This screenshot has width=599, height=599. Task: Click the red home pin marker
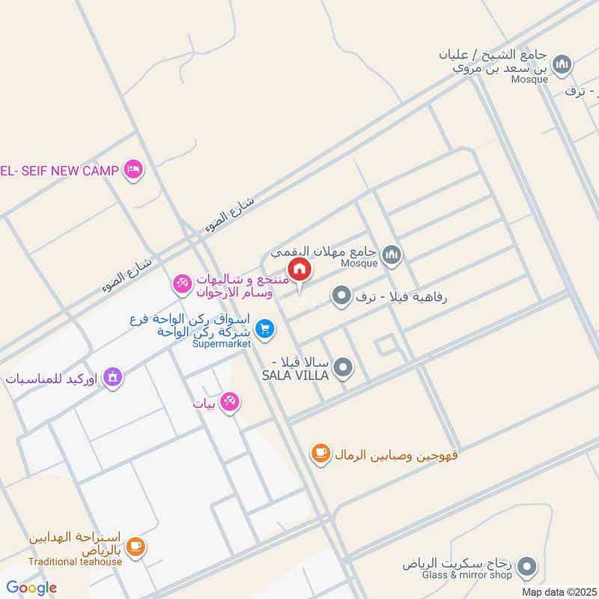pos(299,270)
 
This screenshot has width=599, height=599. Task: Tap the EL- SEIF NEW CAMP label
pos(60,171)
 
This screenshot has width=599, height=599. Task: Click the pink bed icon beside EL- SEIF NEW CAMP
pos(134,170)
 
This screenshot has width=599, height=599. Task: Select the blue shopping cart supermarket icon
pos(264,328)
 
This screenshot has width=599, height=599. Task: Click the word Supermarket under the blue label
pos(222,344)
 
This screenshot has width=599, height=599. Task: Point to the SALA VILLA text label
pos(295,374)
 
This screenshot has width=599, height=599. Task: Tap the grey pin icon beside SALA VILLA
pos(344,367)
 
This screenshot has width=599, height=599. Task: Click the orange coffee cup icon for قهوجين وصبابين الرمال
pos(320,452)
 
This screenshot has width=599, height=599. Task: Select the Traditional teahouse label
pos(76,562)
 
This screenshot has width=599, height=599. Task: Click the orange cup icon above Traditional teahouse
pos(135,547)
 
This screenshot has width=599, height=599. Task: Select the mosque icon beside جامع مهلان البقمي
pos(392,256)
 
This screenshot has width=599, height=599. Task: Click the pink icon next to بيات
pos(231,403)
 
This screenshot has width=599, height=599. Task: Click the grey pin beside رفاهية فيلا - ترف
pos(342,297)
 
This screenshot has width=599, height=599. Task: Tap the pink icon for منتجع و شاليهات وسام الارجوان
pos(181,285)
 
